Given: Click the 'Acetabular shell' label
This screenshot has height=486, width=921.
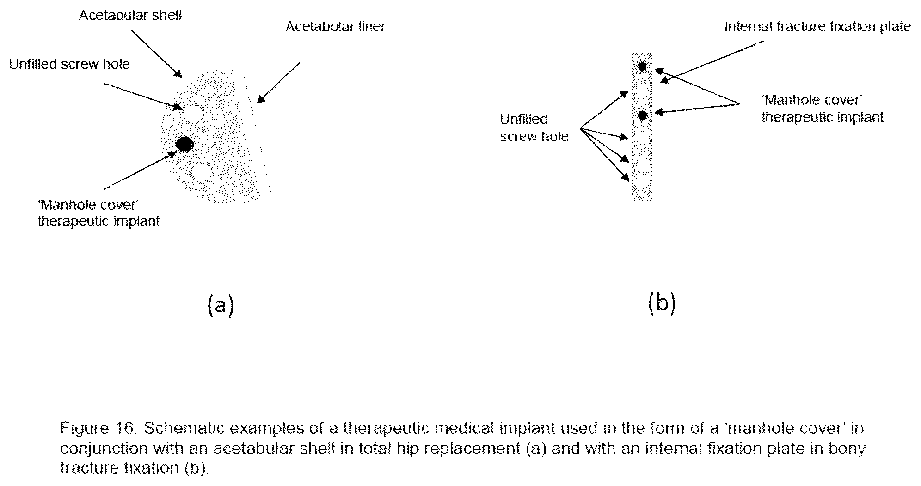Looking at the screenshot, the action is pyautogui.click(x=130, y=15).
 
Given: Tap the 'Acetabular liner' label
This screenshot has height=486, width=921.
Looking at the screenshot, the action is pyautogui.click(x=335, y=27).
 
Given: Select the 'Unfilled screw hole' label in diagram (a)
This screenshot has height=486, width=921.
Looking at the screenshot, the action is pyautogui.click(x=69, y=64).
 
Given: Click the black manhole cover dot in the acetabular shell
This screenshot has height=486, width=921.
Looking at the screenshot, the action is pyautogui.click(x=185, y=145).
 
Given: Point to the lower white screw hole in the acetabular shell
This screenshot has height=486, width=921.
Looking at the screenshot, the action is pyautogui.click(x=202, y=172).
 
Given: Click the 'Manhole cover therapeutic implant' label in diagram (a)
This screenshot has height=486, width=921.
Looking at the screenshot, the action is pyautogui.click(x=98, y=213).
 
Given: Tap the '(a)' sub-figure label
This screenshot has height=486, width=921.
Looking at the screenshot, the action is pyautogui.click(x=221, y=306).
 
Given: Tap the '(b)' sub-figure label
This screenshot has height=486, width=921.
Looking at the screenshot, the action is pyautogui.click(x=662, y=304).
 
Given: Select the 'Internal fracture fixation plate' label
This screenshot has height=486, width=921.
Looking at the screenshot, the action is pyautogui.click(x=817, y=27).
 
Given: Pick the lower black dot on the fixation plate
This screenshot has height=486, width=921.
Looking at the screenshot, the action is pyautogui.click(x=642, y=115).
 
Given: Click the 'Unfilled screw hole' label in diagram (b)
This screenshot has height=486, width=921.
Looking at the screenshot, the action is pyautogui.click(x=534, y=128).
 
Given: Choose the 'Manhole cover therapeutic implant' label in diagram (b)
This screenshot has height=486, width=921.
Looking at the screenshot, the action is pyautogui.click(x=822, y=109).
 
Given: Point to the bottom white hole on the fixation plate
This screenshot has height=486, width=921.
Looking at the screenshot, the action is pyautogui.click(x=642, y=182).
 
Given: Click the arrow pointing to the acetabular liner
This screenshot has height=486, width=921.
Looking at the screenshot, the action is pyautogui.click(x=278, y=83).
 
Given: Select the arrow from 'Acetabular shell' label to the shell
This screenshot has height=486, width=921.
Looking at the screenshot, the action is pyautogui.click(x=157, y=54).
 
